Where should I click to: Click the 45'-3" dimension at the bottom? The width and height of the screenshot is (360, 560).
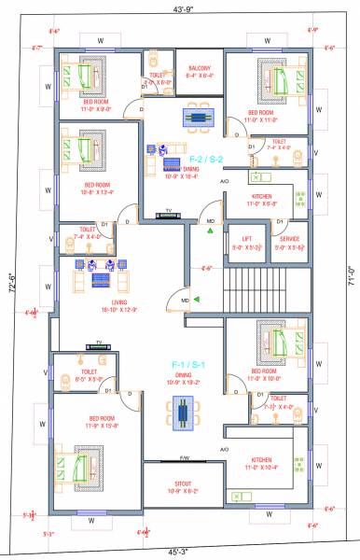(179, 552)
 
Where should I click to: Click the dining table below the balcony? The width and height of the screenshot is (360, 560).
(198, 117)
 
